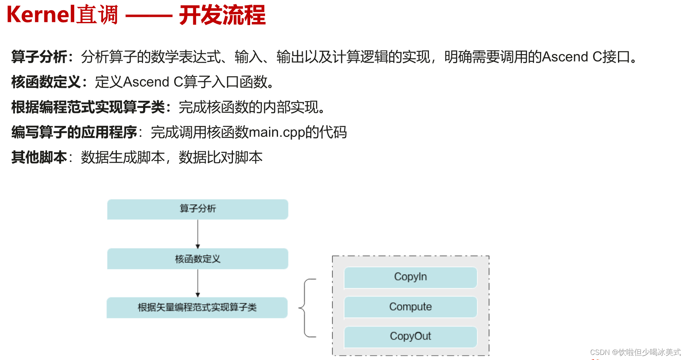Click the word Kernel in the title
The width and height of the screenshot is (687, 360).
(x=41, y=15)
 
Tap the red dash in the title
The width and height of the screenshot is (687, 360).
(x=149, y=16)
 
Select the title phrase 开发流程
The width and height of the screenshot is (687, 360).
(x=222, y=15)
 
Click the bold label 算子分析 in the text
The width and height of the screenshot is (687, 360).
(x=39, y=57)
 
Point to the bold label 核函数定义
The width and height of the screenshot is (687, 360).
(x=46, y=82)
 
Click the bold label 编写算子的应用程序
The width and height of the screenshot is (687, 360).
(x=74, y=132)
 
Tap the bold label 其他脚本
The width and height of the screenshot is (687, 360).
(x=39, y=157)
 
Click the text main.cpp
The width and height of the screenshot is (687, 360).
(x=276, y=133)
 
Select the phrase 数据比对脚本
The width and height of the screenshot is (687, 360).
(x=220, y=157)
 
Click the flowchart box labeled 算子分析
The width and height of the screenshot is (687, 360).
(x=198, y=209)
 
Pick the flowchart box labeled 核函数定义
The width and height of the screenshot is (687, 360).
(x=198, y=259)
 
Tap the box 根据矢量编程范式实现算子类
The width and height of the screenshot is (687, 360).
(x=197, y=307)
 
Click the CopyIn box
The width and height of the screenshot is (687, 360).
(x=411, y=277)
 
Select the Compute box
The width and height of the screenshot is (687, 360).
(x=411, y=307)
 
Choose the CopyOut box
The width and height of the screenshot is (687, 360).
(x=411, y=336)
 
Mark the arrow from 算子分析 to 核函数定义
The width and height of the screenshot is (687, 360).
(x=198, y=234)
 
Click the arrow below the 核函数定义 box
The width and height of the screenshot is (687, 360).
(x=198, y=283)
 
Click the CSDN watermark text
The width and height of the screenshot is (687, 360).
(x=635, y=352)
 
